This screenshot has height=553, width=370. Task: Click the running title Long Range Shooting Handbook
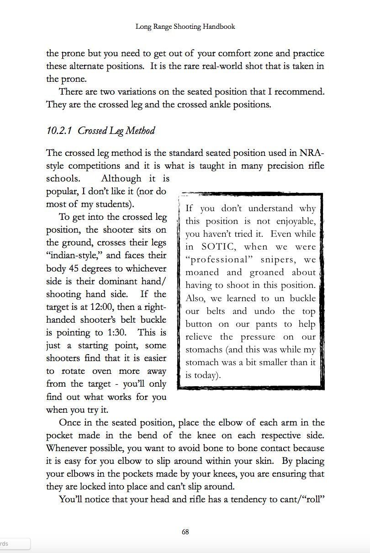[x=185, y=27]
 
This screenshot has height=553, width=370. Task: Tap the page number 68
[x=185, y=532]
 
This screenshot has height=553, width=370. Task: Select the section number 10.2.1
[x=60, y=131]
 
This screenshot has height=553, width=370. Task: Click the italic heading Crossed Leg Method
[x=116, y=131]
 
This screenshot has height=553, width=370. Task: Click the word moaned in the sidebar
[x=203, y=272]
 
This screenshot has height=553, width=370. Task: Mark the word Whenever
[x=69, y=448]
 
